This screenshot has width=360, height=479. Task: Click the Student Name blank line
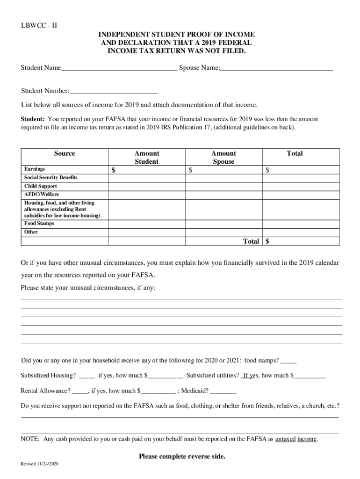click(119, 69)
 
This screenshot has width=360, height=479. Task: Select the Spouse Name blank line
click(276, 69)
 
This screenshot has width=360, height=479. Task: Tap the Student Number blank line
click(114, 92)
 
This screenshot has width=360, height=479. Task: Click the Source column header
click(65, 153)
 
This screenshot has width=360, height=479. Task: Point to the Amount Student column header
click(147, 157)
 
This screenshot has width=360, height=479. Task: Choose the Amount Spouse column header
click(223, 157)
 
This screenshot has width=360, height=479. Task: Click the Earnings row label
click(35, 169)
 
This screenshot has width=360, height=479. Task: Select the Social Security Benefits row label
click(51, 178)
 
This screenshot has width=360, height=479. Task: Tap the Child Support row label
click(41, 186)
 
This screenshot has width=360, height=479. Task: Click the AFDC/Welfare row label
click(42, 194)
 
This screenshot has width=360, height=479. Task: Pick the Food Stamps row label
click(39, 224)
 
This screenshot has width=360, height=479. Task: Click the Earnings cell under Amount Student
click(147, 170)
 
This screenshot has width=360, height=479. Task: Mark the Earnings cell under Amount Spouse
click(223, 170)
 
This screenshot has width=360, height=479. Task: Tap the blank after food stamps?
click(288, 361)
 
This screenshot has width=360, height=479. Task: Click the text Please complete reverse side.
click(182, 457)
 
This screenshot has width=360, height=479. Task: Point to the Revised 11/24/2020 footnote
click(39, 464)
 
